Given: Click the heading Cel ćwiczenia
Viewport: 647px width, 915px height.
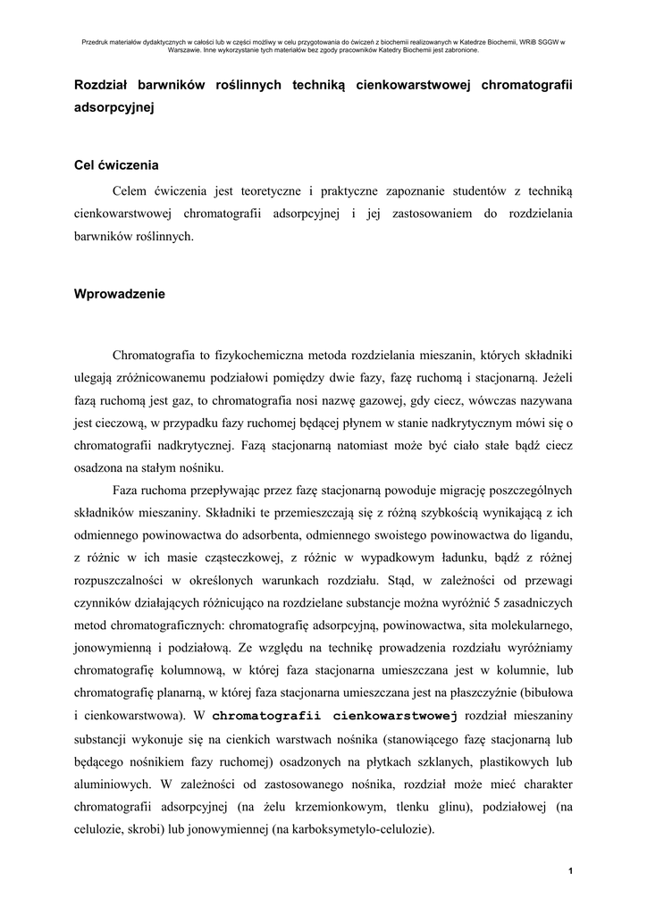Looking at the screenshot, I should [116, 165].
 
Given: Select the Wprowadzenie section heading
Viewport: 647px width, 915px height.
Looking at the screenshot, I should [119, 293].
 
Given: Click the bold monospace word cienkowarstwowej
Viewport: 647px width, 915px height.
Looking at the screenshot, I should [395, 716].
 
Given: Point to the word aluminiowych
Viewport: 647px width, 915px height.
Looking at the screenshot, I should [112, 785].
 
